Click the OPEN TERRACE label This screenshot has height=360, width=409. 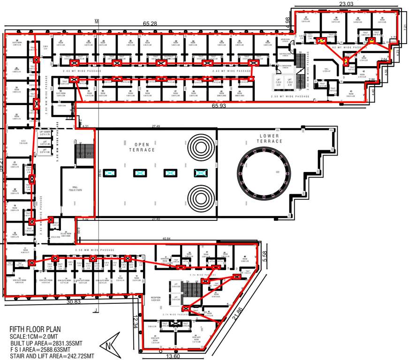point(144,147)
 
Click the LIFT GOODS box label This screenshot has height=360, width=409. point(45,133)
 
